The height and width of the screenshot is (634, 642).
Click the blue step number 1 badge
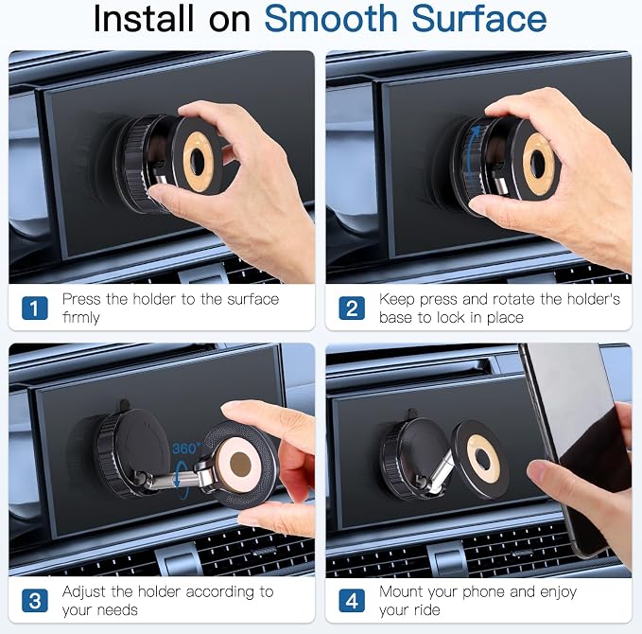pyautogui.click(x=35, y=308)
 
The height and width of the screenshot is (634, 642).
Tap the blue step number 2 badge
pyautogui.click(x=352, y=308)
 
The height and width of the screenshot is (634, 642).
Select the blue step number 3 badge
pyautogui.click(x=35, y=601)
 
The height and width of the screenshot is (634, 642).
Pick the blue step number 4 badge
pyautogui.click(x=352, y=601)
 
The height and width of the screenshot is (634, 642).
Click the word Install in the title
pyautogui.click(x=144, y=18)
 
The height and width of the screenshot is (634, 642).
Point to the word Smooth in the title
pyautogui.click(x=331, y=18)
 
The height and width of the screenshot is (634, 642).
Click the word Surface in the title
pyautogui.click(x=479, y=18)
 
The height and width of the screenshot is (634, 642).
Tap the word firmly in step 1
pyautogui.click(x=81, y=317)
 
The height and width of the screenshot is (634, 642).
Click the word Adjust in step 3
pyautogui.click(x=84, y=591)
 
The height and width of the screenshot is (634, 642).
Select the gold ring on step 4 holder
pyautogui.click(x=483, y=459)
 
